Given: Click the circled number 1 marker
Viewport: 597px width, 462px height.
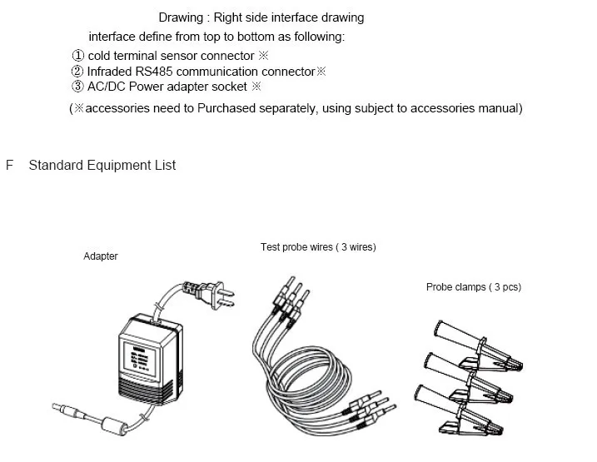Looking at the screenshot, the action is click(x=78, y=56).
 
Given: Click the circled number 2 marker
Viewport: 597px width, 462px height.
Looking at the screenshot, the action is click(x=78, y=72).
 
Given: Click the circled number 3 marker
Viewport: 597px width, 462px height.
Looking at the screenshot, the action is click(x=78, y=87).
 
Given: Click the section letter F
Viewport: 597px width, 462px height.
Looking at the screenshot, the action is click(x=10, y=166).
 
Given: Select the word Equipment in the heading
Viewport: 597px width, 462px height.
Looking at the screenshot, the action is click(x=112, y=166).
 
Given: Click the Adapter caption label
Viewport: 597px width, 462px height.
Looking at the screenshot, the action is click(x=101, y=256).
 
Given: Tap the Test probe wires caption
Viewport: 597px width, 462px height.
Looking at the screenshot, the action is click(x=318, y=247).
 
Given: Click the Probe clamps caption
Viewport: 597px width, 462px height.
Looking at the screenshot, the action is click(x=473, y=287).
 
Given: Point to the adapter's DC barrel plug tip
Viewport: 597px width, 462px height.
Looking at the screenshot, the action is click(x=61, y=408).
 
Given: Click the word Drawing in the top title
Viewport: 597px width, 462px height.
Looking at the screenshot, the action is click(x=181, y=17).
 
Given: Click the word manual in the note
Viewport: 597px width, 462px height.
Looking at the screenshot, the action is click(x=499, y=109).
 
